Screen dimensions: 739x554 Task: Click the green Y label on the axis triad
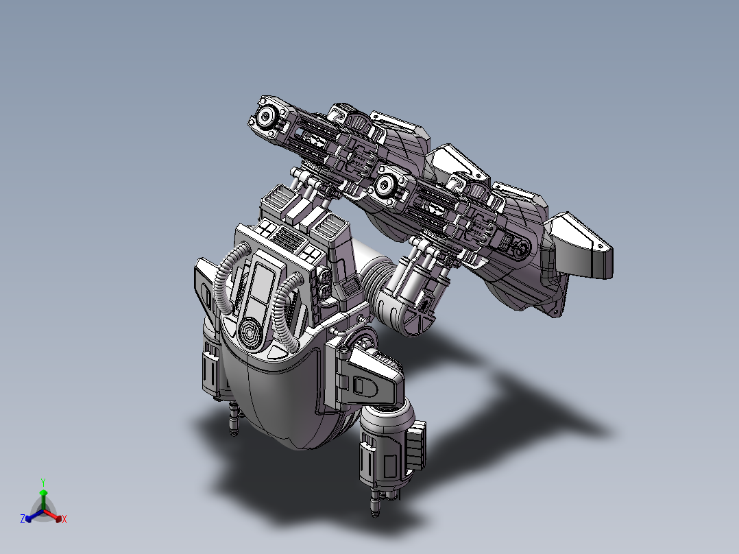(43, 483)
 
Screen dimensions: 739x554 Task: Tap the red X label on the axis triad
(64, 519)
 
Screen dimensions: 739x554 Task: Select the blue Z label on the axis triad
(23, 519)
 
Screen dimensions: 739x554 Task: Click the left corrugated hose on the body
(227, 278)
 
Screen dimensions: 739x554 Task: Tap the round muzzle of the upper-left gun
(266, 116)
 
